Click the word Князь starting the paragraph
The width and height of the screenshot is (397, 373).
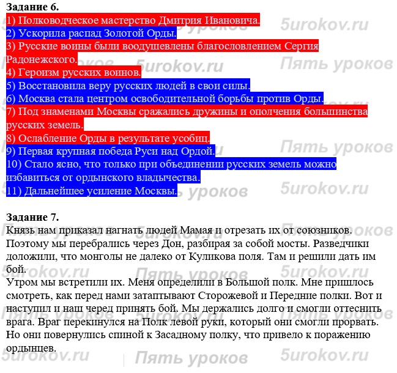(20, 230)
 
